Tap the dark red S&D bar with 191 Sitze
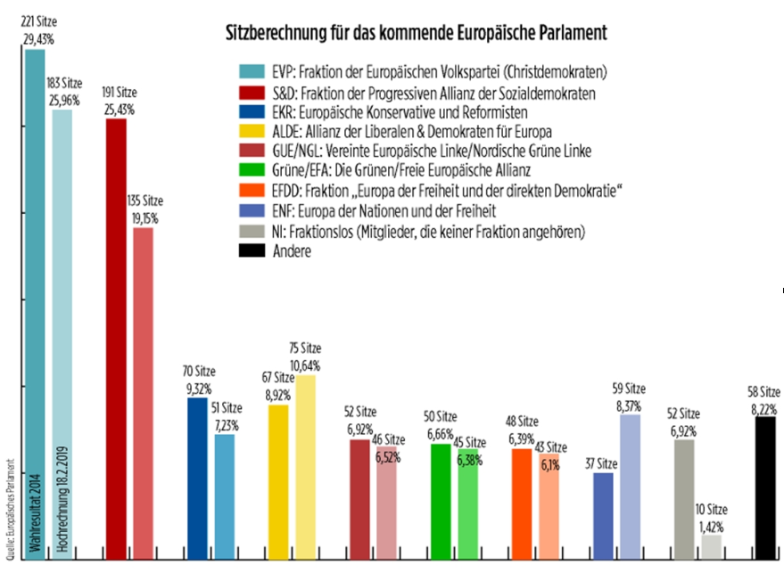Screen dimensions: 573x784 pos(116,339)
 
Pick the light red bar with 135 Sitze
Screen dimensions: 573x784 pos(143,392)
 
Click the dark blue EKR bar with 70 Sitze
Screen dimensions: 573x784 pos(197,477)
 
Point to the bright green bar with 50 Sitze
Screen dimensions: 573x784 pos(441,499)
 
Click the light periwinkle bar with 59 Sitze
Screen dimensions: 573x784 pos(630,486)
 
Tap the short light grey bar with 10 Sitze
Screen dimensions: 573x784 pos(711,546)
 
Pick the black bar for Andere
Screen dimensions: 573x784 pos(765,486)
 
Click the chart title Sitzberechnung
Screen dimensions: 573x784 pos(415,33)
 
